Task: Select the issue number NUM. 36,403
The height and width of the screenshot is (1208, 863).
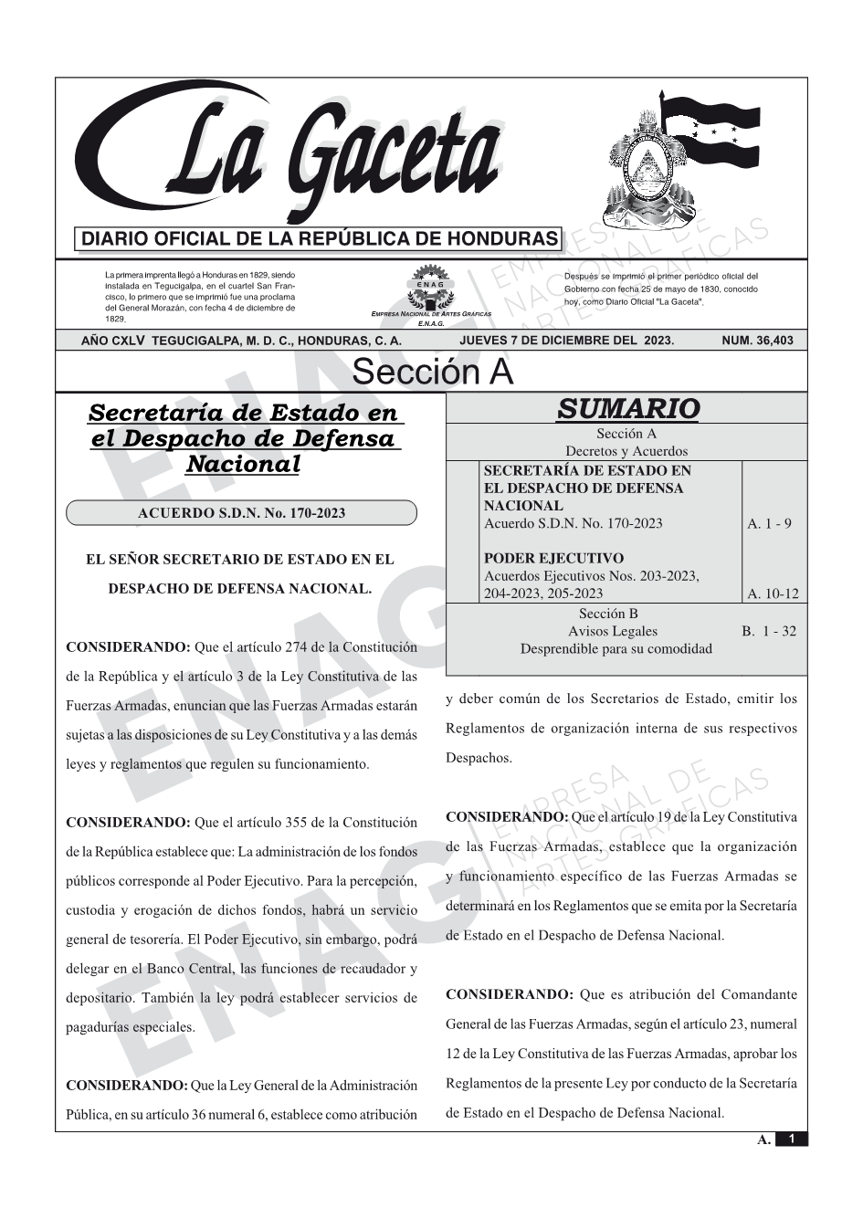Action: pos(757,341)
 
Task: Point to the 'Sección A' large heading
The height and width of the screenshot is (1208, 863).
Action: pos(432,373)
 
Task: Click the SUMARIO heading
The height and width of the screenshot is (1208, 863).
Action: pos(627,408)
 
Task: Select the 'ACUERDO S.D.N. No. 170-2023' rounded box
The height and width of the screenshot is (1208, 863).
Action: pos(241,513)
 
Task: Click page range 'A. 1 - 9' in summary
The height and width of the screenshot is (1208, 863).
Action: pos(769,523)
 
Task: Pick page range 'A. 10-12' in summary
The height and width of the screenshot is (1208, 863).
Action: pos(773,593)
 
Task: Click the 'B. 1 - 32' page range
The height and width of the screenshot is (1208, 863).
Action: pos(769,631)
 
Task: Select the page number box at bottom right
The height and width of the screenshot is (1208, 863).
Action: pos(791,1139)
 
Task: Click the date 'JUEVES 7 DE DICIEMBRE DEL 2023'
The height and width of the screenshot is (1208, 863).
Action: pos(566,341)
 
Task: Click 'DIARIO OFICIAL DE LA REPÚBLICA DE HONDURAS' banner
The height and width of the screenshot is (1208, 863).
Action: pos(319,239)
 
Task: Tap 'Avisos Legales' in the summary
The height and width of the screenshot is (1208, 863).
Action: pos(612,631)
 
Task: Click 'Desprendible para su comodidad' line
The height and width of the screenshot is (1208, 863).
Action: pos(616,648)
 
